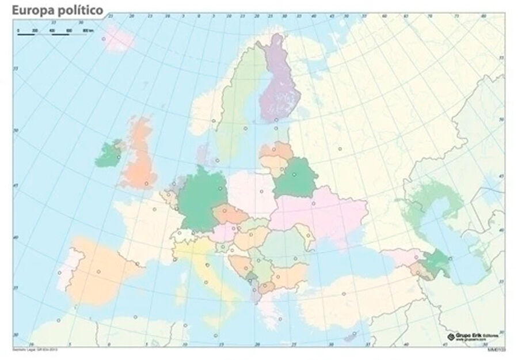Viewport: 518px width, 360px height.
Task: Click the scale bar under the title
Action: pyautogui.click(x=52, y=33)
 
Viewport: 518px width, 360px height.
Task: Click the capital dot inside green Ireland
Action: pyautogui.click(x=119, y=157)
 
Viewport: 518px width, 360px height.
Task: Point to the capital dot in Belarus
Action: pyautogui.click(x=294, y=174)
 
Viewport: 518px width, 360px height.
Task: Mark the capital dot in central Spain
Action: pyautogui.click(x=98, y=272)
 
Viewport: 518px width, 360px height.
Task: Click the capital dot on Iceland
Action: pyautogui.click(x=104, y=40)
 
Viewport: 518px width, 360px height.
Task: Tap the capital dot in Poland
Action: pyautogui.click(x=261, y=192)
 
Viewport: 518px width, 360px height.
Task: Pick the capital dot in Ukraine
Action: pyautogui.click(x=314, y=203)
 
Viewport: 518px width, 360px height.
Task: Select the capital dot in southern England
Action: pyautogui.click(x=147, y=184)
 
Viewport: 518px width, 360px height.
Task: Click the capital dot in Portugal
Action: pyautogui.click(x=59, y=272)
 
